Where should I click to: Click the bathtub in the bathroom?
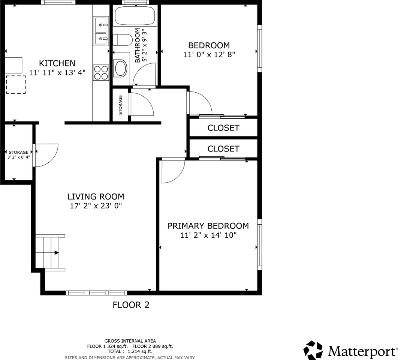[x=135, y=16]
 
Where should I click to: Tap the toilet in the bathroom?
[x=123, y=40]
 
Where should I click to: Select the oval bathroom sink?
[x=121, y=68]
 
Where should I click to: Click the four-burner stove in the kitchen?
[x=101, y=72]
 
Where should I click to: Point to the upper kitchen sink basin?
[x=101, y=25]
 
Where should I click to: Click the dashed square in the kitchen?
[x=16, y=85]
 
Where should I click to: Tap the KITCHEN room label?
[x=57, y=63]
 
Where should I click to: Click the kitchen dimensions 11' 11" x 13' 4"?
[x=57, y=73]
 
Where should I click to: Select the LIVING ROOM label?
[x=96, y=196]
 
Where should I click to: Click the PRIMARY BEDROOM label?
[x=208, y=226]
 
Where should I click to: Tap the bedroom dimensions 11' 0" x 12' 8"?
[x=209, y=54]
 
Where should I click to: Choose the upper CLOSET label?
[x=223, y=128]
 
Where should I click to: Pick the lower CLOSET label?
[x=223, y=148]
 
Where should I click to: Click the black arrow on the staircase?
[x=57, y=252]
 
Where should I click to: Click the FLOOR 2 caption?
[x=131, y=304]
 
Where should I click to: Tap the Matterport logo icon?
[x=313, y=350]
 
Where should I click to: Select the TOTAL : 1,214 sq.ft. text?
[x=130, y=351]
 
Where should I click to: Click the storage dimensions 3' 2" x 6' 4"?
[x=18, y=157]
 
